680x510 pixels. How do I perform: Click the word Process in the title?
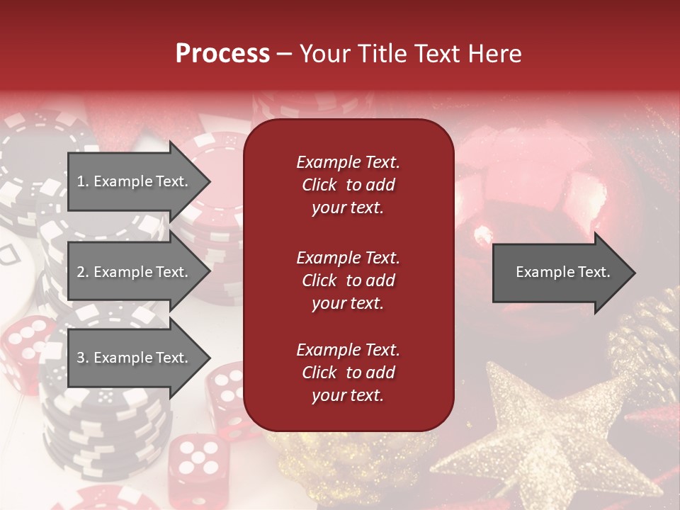222,54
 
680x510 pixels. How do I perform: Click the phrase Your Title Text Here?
411,54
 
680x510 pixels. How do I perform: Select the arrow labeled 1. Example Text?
133,181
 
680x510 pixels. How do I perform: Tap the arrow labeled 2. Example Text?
133,272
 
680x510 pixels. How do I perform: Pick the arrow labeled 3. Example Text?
133,358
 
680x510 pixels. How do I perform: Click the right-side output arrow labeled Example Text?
562,273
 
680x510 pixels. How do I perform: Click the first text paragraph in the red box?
348,185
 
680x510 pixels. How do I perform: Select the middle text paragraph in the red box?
348,280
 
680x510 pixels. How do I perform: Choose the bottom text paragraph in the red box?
348,373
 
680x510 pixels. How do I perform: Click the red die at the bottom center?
193,457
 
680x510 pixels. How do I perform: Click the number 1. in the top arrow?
82,182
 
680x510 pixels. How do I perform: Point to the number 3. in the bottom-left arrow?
82,358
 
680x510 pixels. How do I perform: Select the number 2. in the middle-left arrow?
82,273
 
